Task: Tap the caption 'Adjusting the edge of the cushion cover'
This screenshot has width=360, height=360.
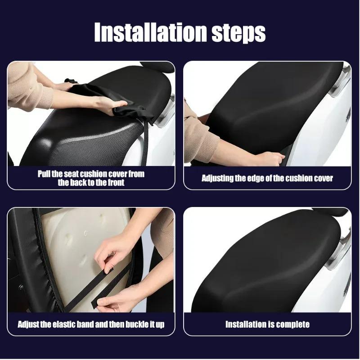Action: click(x=267, y=178)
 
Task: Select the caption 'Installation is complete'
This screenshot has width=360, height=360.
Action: click(x=267, y=324)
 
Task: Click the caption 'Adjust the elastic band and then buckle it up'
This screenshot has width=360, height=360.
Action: click(x=91, y=324)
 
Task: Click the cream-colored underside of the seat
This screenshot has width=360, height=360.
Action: click(x=76, y=252)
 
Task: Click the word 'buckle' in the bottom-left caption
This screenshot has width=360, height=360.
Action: click(x=135, y=324)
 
